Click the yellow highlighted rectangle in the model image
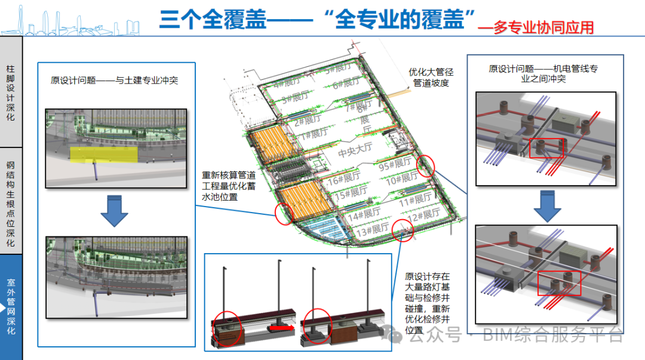point(93,154)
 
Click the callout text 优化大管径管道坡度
point(431,77)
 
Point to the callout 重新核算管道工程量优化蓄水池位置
point(229,186)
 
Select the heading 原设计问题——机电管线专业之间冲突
point(543,73)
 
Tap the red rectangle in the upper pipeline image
point(546,148)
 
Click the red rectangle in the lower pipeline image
point(559,282)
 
